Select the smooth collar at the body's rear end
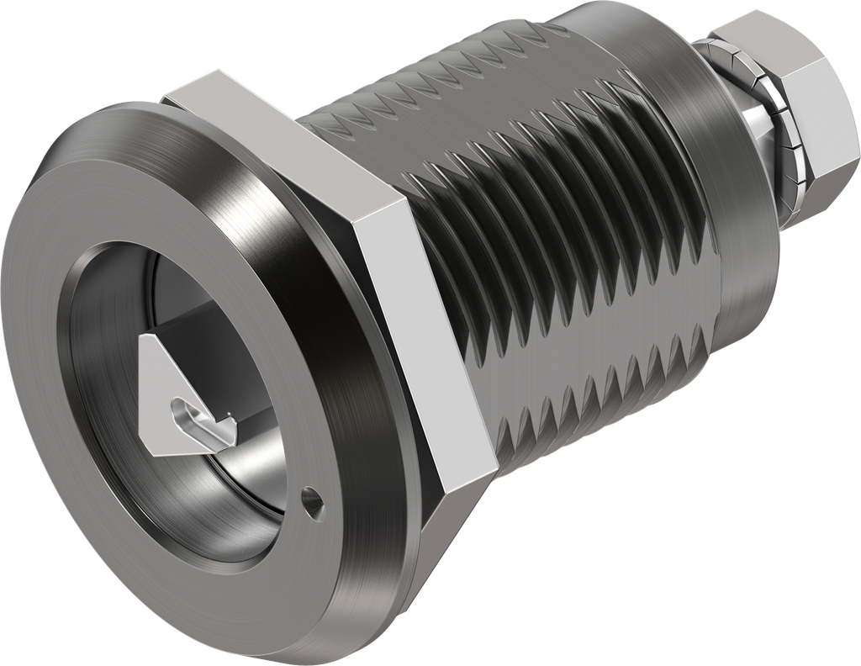723,193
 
